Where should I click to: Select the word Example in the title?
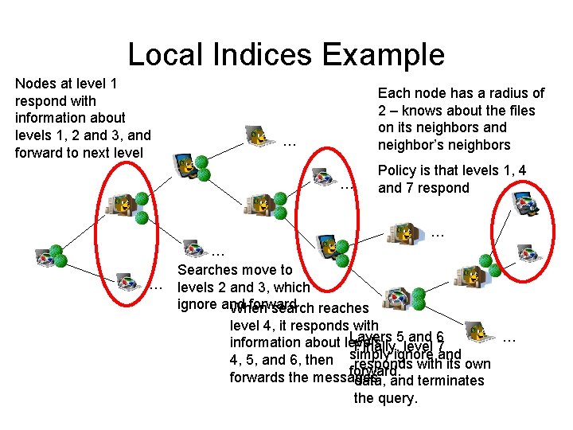click(x=383, y=54)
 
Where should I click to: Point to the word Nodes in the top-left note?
click(x=36, y=84)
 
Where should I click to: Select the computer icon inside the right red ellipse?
click(x=526, y=205)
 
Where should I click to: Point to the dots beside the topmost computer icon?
click(x=290, y=144)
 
